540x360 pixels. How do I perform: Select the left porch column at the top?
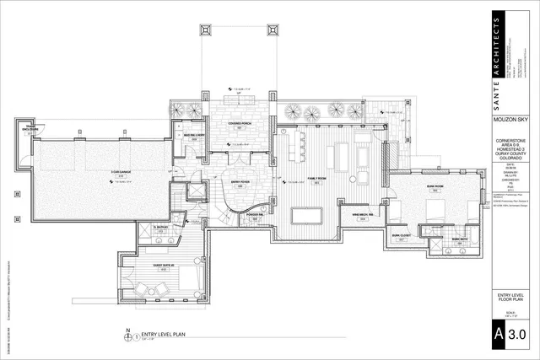205,31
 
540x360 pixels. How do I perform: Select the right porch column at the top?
273,31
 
